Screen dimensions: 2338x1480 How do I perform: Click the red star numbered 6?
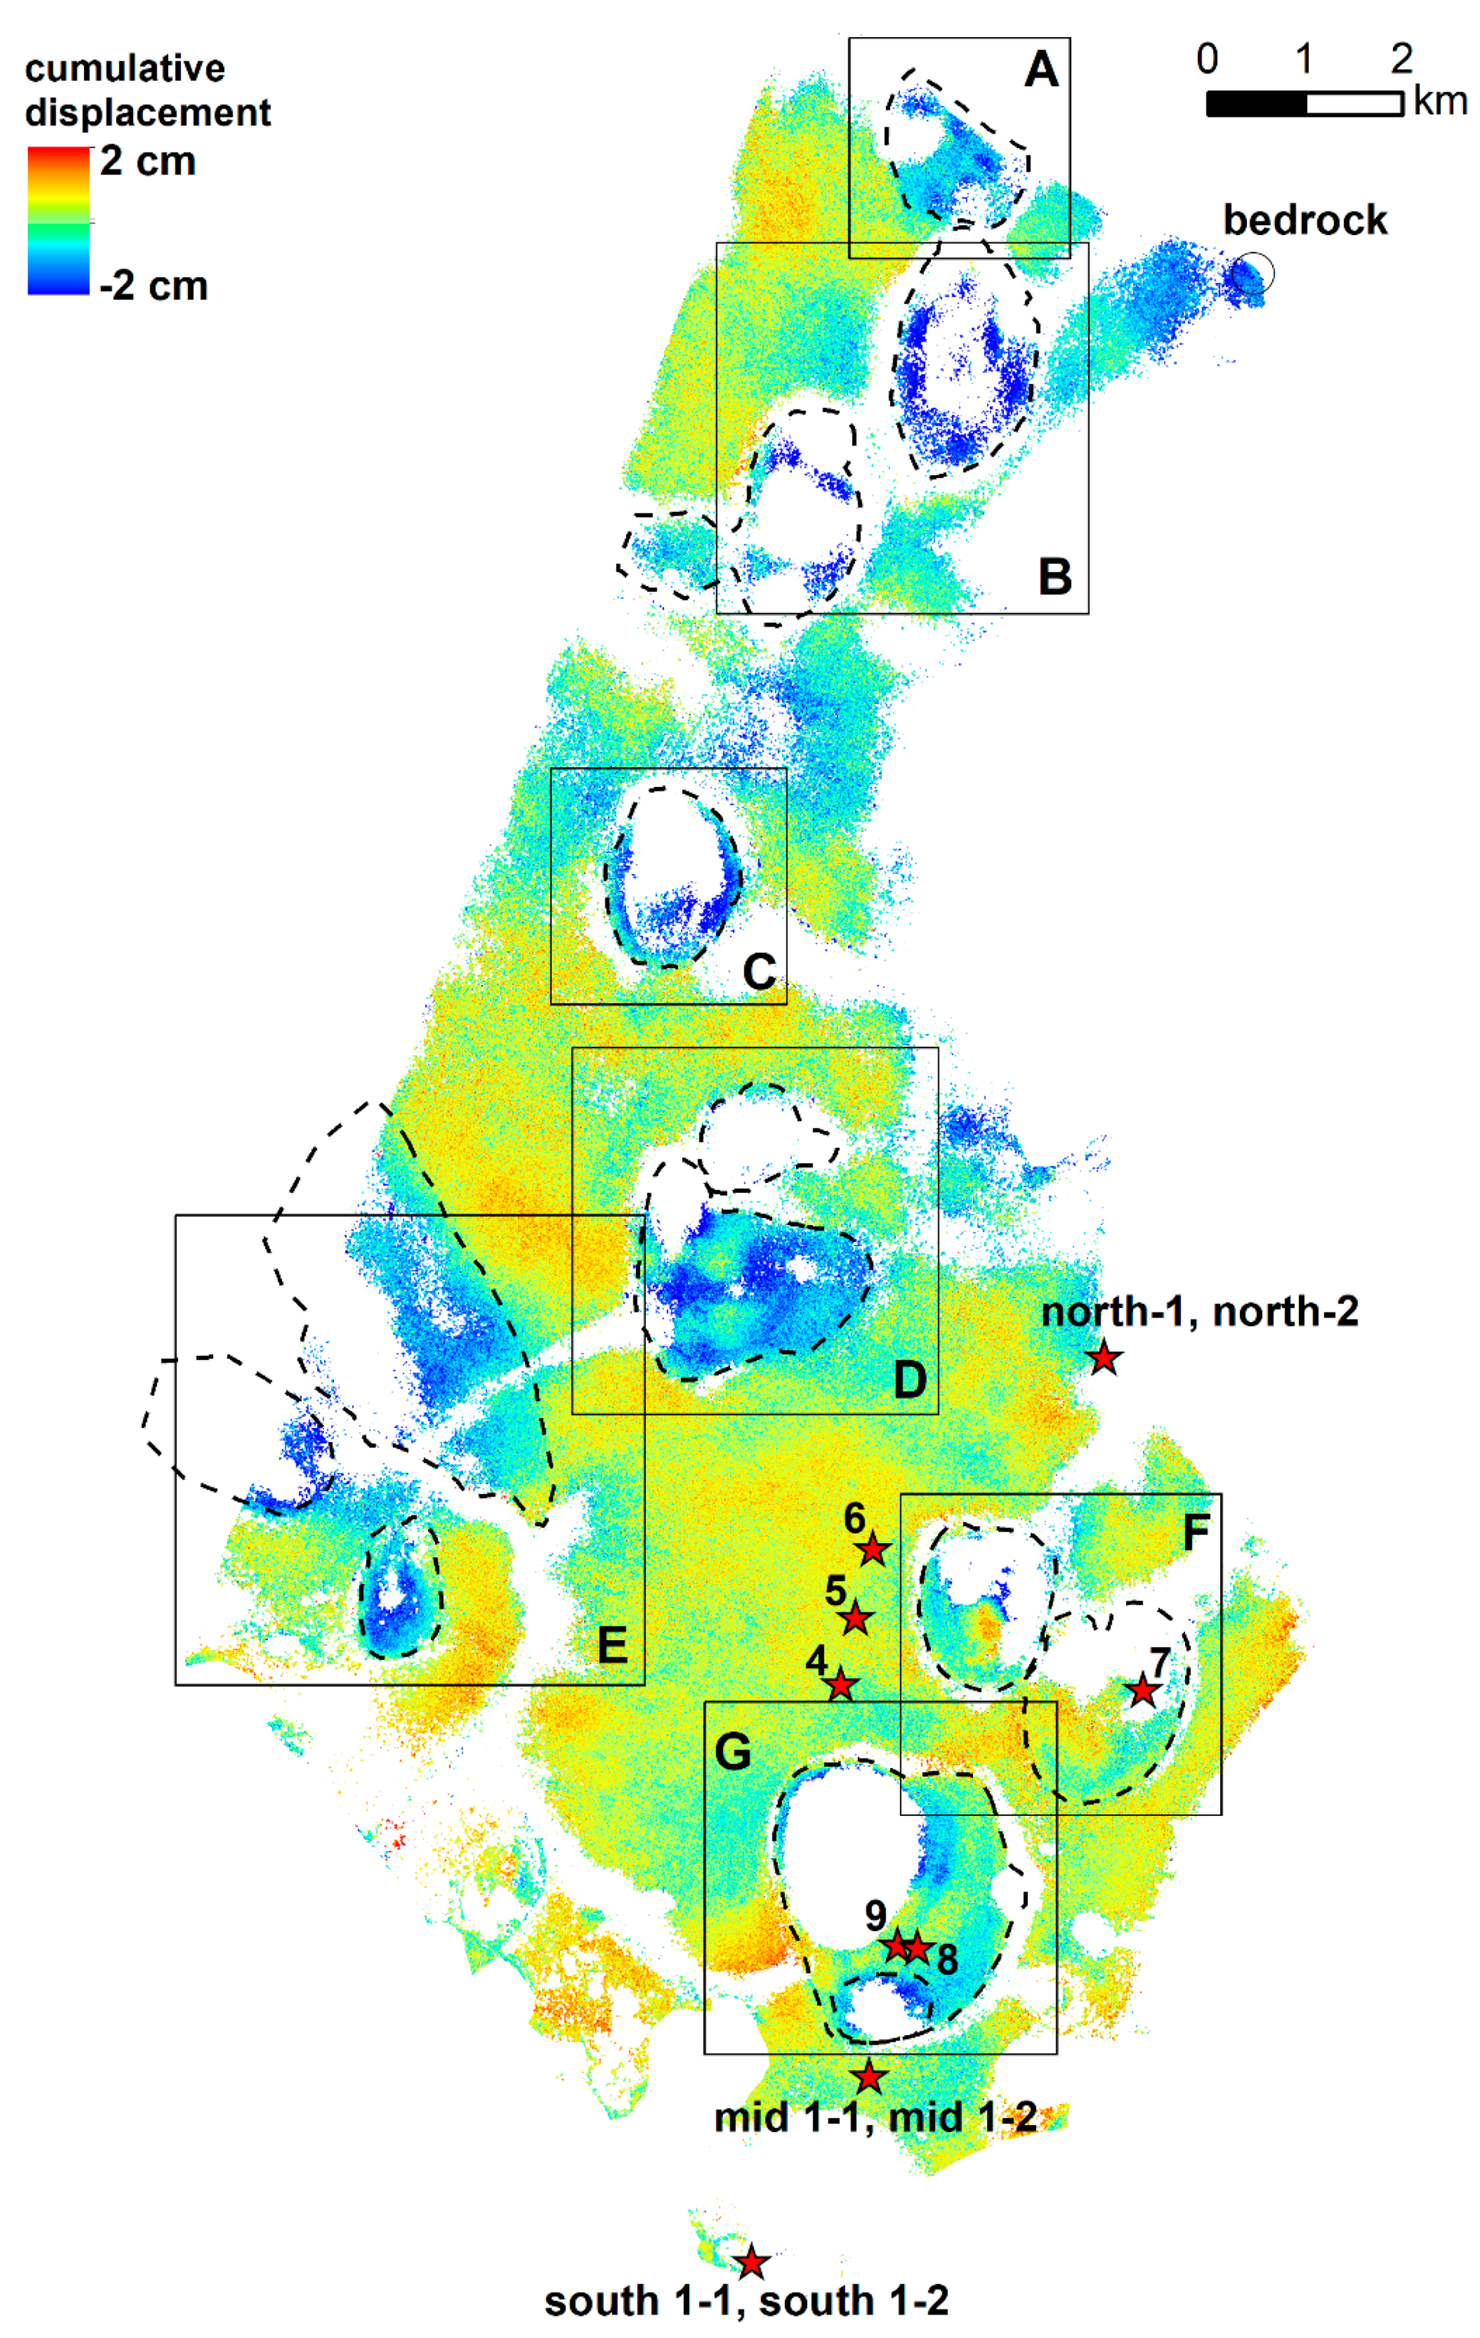coord(873,1550)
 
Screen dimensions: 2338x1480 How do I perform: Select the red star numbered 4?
coord(841,1685)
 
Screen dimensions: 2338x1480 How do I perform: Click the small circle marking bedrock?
coord(1252,274)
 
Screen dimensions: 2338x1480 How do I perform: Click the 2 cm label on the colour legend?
coord(148,161)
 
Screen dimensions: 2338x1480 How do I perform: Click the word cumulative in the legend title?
coord(124,69)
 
